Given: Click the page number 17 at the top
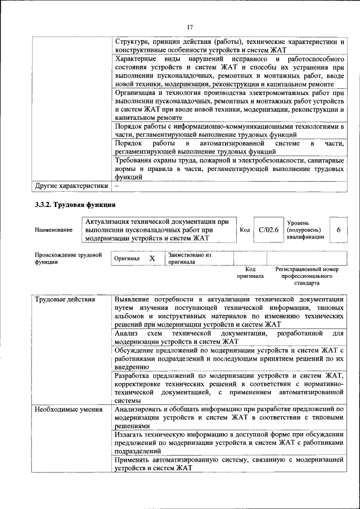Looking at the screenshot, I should pos(190,26).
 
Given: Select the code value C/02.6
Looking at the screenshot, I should pos(268,229).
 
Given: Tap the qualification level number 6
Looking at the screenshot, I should pos(338,229).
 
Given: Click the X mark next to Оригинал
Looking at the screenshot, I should pos(151,258).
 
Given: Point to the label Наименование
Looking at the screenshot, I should pos(53,230).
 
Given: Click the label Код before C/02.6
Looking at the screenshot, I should pos(245,229).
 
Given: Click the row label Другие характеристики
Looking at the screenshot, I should pos(71,186).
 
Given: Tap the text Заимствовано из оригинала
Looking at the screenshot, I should pos(189,258).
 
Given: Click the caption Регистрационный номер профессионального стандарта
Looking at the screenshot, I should pos(307,276).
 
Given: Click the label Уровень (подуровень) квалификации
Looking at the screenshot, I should pos(305,230).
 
